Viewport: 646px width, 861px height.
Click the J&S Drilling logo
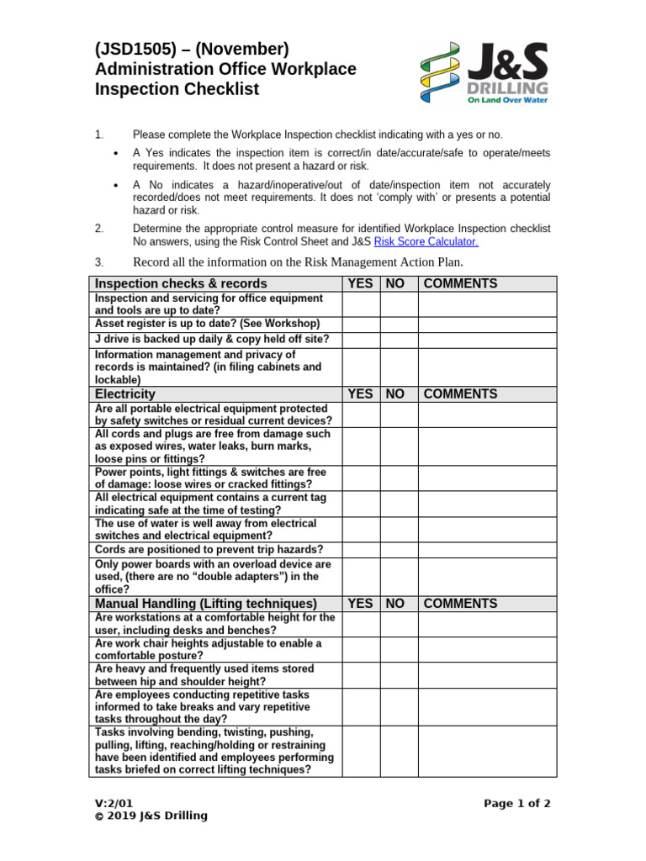[x=484, y=73]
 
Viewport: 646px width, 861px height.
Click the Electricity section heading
[x=125, y=394]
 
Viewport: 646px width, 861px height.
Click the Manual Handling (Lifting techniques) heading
[x=206, y=604]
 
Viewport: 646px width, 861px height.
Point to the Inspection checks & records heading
[x=181, y=283]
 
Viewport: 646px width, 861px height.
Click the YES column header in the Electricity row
[x=360, y=394]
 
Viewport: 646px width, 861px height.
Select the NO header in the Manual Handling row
[x=395, y=604]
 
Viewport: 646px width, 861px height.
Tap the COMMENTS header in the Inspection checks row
[x=460, y=283]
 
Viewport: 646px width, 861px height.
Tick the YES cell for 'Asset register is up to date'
[x=360, y=324]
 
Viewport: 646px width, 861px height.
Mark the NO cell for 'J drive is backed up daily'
[x=399, y=340]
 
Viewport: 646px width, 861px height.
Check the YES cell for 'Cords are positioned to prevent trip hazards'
[x=360, y=549]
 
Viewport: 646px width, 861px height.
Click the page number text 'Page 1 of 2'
[x=517, y=803]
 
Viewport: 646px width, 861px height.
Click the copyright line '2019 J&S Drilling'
[x=151, y=816]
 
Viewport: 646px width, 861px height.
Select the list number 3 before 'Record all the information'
[x=98, y=261]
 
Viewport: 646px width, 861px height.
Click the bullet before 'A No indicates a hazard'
[x=115, y=185]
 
